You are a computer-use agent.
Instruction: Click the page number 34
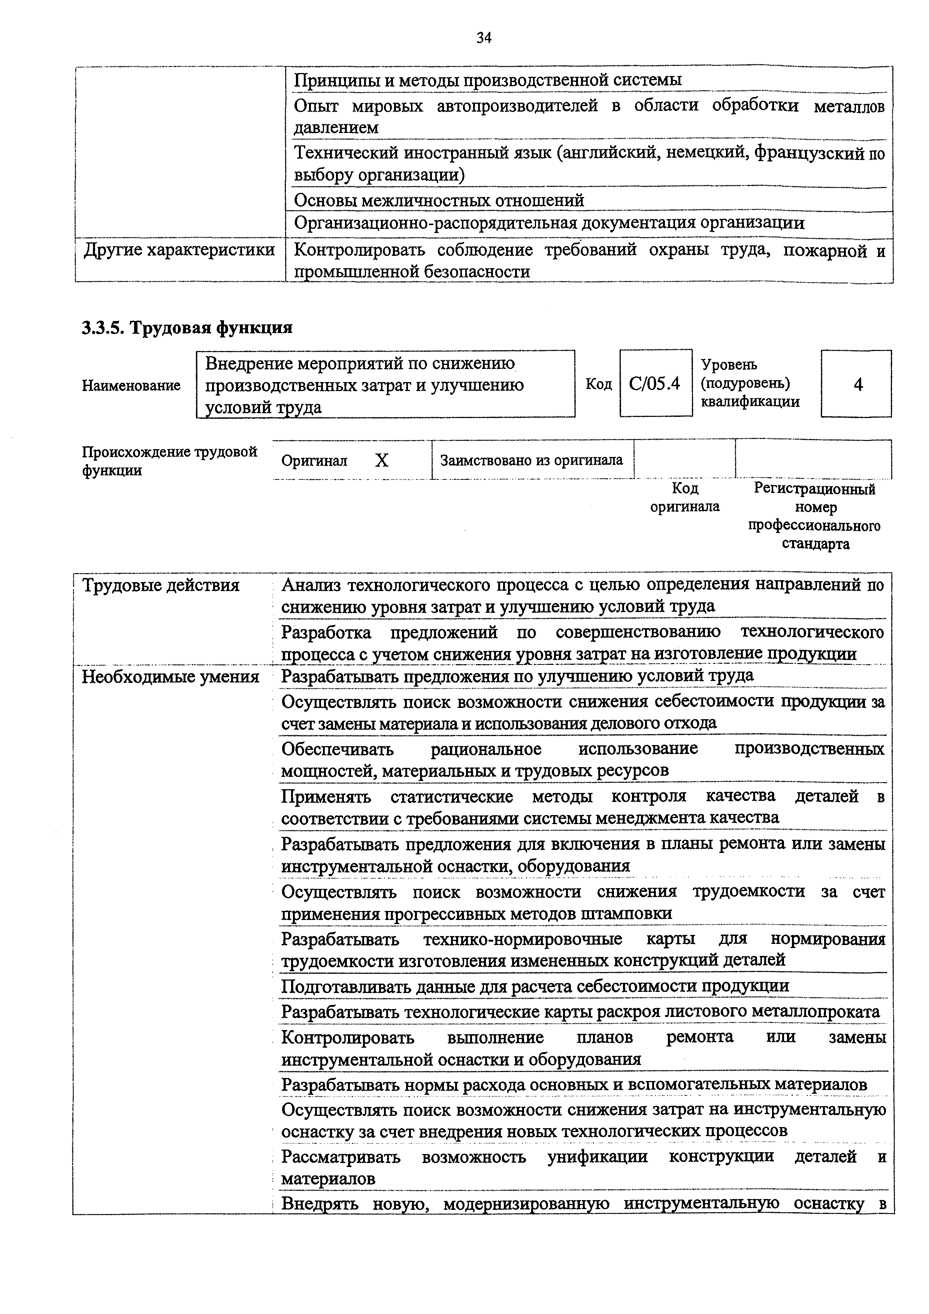coord(484,38)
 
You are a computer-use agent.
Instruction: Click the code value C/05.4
coord(654,384)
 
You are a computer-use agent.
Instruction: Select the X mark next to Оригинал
coord(381,460)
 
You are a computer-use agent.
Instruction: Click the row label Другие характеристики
coord(179,251)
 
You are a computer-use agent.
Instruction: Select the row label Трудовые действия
coord(161,585)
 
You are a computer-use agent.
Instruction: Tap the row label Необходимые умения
coord(170,677)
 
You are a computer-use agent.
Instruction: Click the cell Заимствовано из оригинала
coord(531,460)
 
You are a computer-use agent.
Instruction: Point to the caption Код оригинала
coord(685,497)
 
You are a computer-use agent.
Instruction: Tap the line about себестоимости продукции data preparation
coord(535,985)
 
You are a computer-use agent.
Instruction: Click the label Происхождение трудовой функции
coord(169,461)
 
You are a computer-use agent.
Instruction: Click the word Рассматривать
coord(341,1157)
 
